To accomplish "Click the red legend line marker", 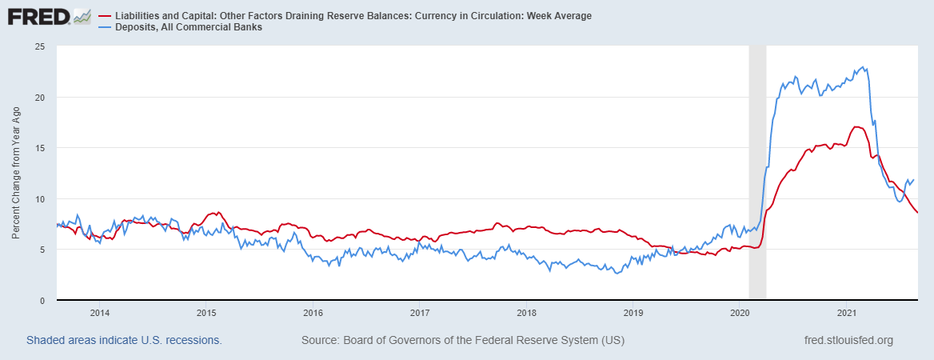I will (x=106, y=16).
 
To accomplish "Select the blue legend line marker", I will (x=106, y=27).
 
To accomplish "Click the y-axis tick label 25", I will (x=38, y=46).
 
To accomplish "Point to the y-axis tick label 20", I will (x=38, y=98).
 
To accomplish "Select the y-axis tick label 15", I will (x=38, y=148).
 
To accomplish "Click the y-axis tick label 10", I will (x=38, y=199).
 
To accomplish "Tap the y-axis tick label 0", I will (x=42, y=301).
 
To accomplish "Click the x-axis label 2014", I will (x=99, y=313).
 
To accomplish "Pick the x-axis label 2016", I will (x=313, y=313).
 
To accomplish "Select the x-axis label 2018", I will (x=526, y=313).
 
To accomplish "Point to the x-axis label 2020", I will (x=740, y=313).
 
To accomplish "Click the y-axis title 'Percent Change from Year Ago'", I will (x=16, y=173).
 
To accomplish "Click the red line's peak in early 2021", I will (x=856, y=126).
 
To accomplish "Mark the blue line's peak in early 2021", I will (x=863, y=67).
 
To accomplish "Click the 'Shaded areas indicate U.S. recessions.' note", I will (x=124, y=341).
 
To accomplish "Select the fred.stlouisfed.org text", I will (x=848, y=341).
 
